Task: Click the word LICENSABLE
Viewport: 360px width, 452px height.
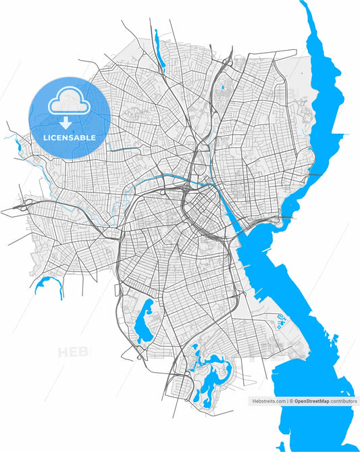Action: coord(69,138)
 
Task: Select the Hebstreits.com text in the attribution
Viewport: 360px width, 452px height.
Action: coord(269,401)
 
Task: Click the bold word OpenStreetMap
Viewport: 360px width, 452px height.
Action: coord(311,401)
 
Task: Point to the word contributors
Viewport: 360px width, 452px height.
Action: coord(343,401)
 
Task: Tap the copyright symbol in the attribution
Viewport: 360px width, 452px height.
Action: coord(291,401)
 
